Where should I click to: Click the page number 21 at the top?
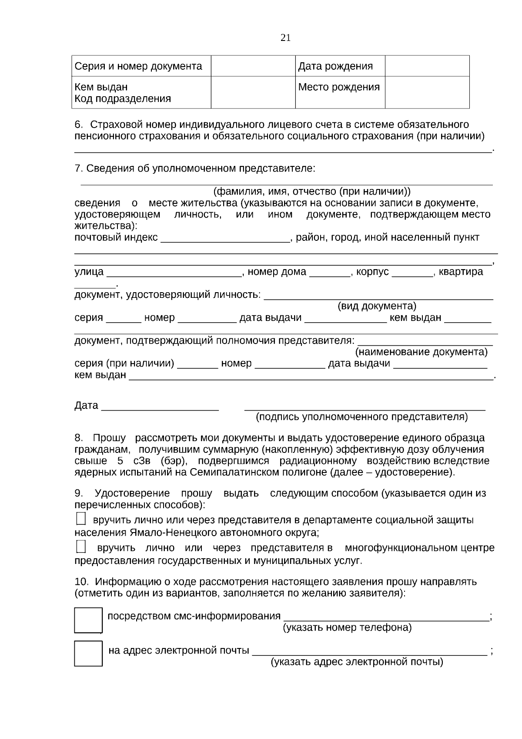pos(285,38)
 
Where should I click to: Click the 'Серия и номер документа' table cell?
pos(138,66)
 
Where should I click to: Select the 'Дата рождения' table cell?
pos(335,66)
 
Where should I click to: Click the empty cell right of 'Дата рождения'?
pos(427,66)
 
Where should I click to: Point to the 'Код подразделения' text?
pos(123,99)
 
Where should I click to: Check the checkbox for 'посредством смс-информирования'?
pos(88,620)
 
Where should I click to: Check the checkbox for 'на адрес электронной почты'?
pos(88,653)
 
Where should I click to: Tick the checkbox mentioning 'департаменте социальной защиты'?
pos(81,519)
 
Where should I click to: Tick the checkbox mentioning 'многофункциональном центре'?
pos(81,547)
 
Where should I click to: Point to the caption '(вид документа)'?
pos(377,306)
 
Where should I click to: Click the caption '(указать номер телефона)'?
pos(347,628)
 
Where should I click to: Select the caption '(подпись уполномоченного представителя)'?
pos(361,417)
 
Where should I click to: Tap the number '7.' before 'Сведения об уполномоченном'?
pos(79,169)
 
